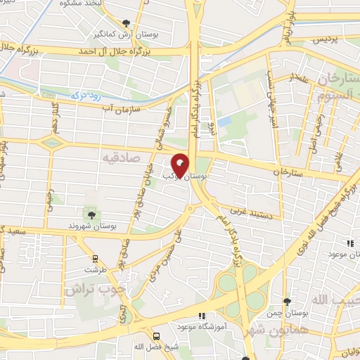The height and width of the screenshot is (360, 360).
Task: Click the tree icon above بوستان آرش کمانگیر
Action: point(126,22)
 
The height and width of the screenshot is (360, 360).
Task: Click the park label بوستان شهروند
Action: point(91,226)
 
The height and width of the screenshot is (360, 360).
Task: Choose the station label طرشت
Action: point(94,269)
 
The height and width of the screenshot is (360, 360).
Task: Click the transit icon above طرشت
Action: point(94,258)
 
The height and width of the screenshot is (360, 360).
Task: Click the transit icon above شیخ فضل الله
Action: point(156,336)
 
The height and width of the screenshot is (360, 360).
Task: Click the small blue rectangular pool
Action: point(224,122)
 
